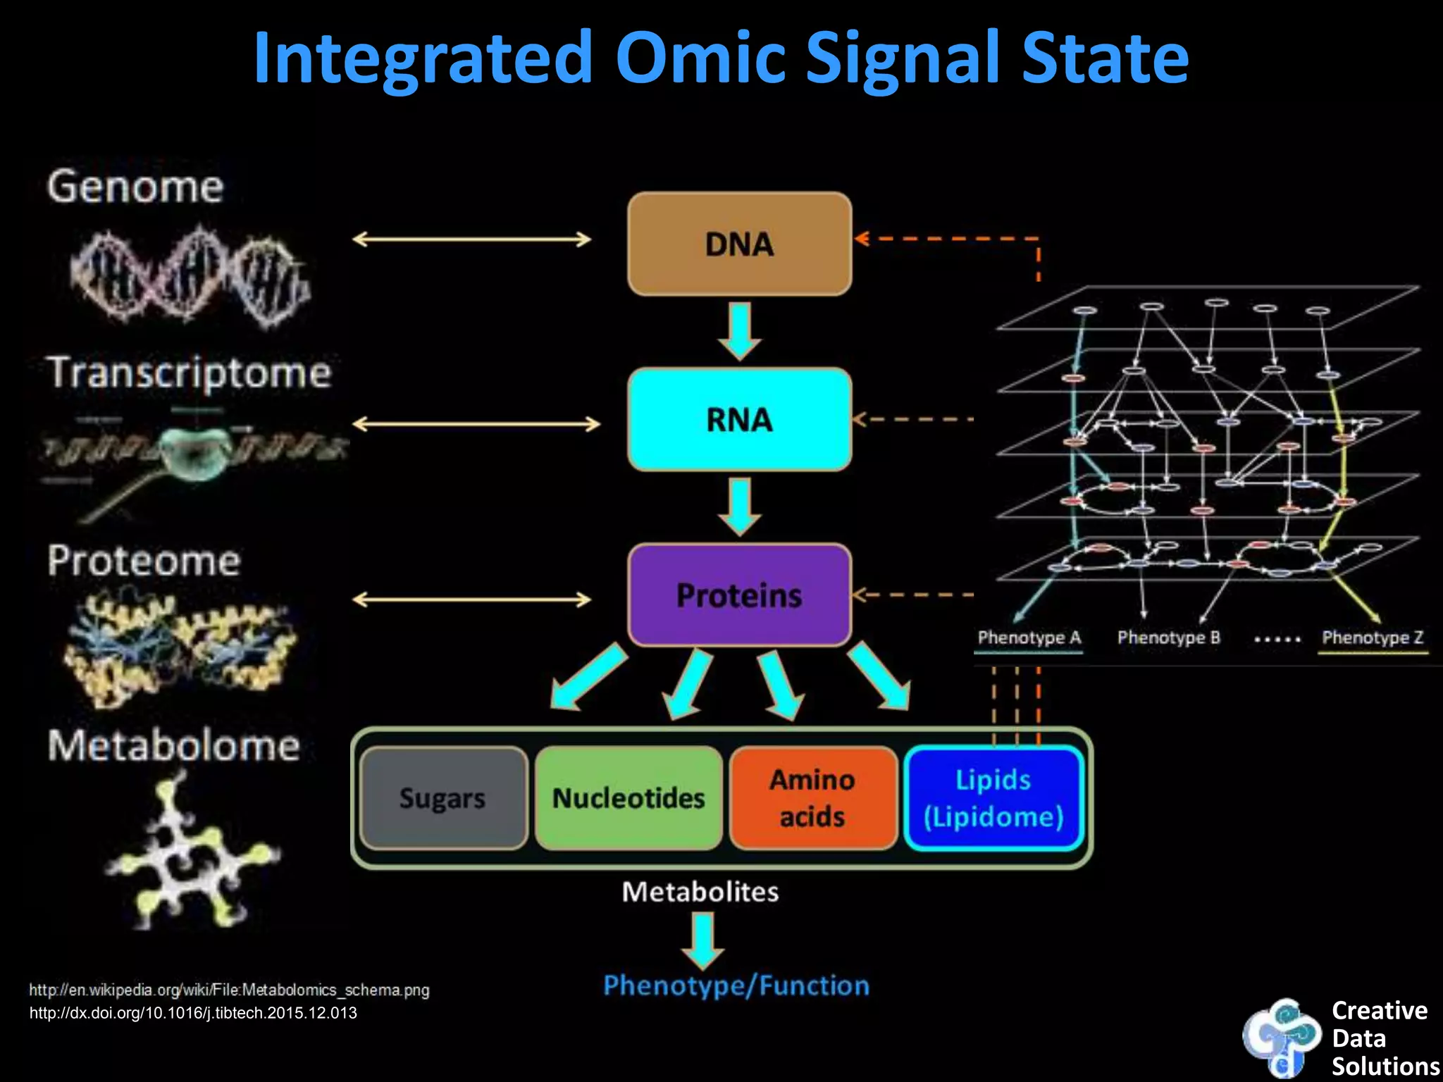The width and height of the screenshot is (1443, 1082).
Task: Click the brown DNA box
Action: (x=739, y=244)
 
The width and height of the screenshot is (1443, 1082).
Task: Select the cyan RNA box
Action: (x=739, y=419)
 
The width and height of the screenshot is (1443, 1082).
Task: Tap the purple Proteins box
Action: (x=739, y=595)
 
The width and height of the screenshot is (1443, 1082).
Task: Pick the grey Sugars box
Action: (x=442, y=798)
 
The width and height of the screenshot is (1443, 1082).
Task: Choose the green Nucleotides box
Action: (x=628, y=798)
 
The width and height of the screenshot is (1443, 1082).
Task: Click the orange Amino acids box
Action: (x=812, y=798)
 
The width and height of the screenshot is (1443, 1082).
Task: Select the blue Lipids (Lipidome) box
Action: (x=993, y=798)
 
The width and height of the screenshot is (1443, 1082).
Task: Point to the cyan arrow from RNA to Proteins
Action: (x=739, y=506)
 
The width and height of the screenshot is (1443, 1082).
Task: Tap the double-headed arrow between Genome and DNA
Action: (x=471, y=240)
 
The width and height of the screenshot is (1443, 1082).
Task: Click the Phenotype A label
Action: (x=1029, y=638)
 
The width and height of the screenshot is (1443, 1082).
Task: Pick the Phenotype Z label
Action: (x=1373, y=638)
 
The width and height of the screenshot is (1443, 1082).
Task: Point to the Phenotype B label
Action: (x=1168, y=638)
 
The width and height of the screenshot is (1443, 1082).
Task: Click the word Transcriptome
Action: (x=189, y=373)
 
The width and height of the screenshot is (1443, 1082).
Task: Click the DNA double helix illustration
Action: (x=189, y=276)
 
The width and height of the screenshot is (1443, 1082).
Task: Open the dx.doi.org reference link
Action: (x=193, y=1013)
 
